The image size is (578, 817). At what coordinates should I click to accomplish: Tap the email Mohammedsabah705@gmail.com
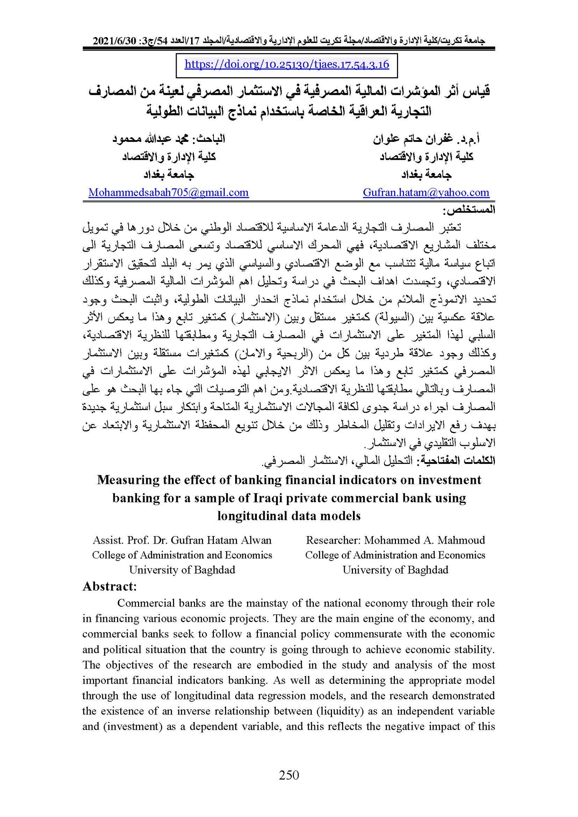pyautogui.click(x=168, y=192)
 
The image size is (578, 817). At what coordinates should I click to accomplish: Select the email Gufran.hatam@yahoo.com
pyautogui.click(x=426, y=192)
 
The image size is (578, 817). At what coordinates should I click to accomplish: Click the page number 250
pyautogui.click(x=289, y=775)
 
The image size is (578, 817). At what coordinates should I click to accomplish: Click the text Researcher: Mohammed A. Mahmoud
pyautogui.click(x=395, y=540)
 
